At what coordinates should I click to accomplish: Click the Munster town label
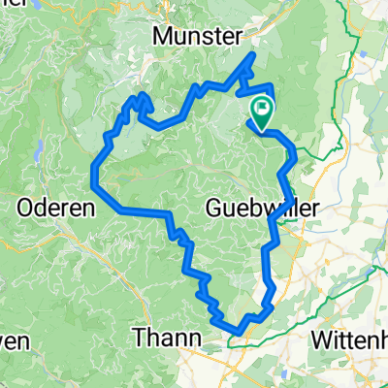(x=198, y=36)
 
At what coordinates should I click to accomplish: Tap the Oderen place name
(x=56, y=207)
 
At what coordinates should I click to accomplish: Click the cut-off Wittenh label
(x=350, y=339)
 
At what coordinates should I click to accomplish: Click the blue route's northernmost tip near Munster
(x=254, y=54)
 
